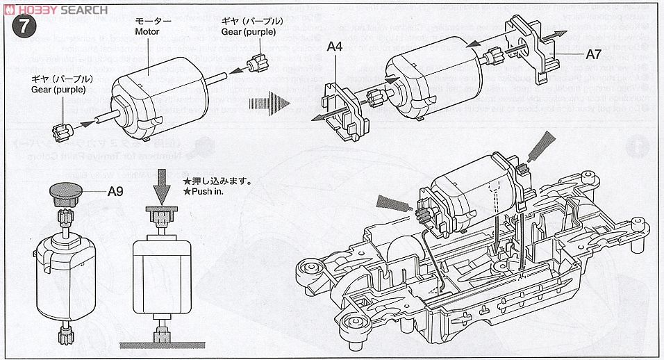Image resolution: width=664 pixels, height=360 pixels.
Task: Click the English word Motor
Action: click(x=147, y=31)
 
